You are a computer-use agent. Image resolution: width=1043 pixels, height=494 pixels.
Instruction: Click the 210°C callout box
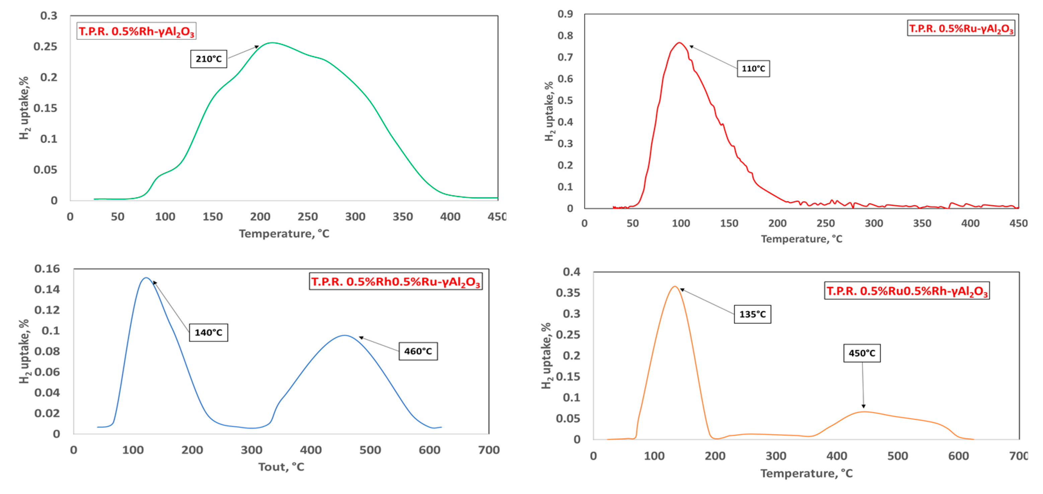pos(209,59)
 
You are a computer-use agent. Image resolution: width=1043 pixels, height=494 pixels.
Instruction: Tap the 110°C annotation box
pos(753,68)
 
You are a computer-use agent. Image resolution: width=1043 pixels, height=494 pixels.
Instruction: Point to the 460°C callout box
pos(418,351)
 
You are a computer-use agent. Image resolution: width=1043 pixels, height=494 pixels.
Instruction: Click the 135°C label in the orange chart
pos(752,314)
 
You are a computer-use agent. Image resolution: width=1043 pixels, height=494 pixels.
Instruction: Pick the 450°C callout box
pos(862,353)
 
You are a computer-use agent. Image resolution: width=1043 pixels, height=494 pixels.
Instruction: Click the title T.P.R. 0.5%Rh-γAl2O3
pos(137,31)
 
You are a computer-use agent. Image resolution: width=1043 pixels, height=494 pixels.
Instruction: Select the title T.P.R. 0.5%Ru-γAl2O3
pos(961,28)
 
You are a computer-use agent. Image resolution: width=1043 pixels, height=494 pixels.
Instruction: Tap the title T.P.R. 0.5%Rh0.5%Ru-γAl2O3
pos(395,281)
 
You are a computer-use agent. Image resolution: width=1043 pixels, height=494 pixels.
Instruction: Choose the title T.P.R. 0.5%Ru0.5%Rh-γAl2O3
pos(906,291)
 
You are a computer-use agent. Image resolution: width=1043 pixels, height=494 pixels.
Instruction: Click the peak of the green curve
pos(272,43)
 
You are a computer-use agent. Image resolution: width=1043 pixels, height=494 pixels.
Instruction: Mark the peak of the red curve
pos(679,43)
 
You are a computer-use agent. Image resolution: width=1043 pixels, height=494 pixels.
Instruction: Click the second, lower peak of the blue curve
pos(345,335)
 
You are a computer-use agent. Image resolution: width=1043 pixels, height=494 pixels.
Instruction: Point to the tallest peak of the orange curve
pos(675,286)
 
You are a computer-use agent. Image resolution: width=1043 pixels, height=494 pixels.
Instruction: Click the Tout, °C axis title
pos(281,467)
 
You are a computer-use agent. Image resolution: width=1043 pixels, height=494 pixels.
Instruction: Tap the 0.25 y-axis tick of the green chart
pos(45,47)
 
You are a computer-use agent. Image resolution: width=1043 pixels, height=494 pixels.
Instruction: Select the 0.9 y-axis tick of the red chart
pos(565,14)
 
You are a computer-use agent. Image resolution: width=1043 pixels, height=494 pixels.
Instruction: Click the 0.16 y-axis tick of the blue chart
pos(47,269)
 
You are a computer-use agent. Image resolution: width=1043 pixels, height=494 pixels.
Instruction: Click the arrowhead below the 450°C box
pos(863,406)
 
